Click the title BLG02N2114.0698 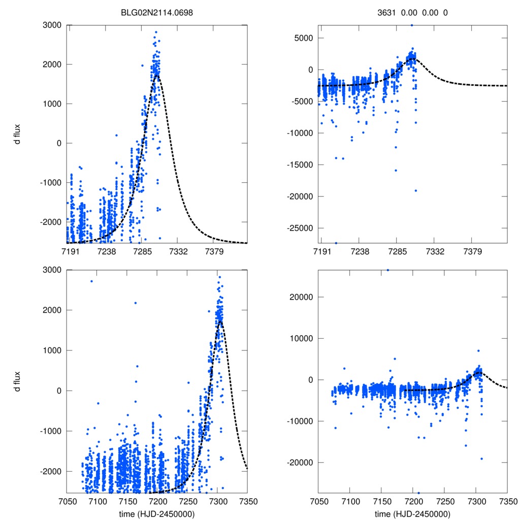157,13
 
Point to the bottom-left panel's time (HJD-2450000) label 157,514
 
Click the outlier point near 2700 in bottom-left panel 91,281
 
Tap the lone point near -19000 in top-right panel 415,190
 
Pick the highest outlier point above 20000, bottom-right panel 388,270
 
